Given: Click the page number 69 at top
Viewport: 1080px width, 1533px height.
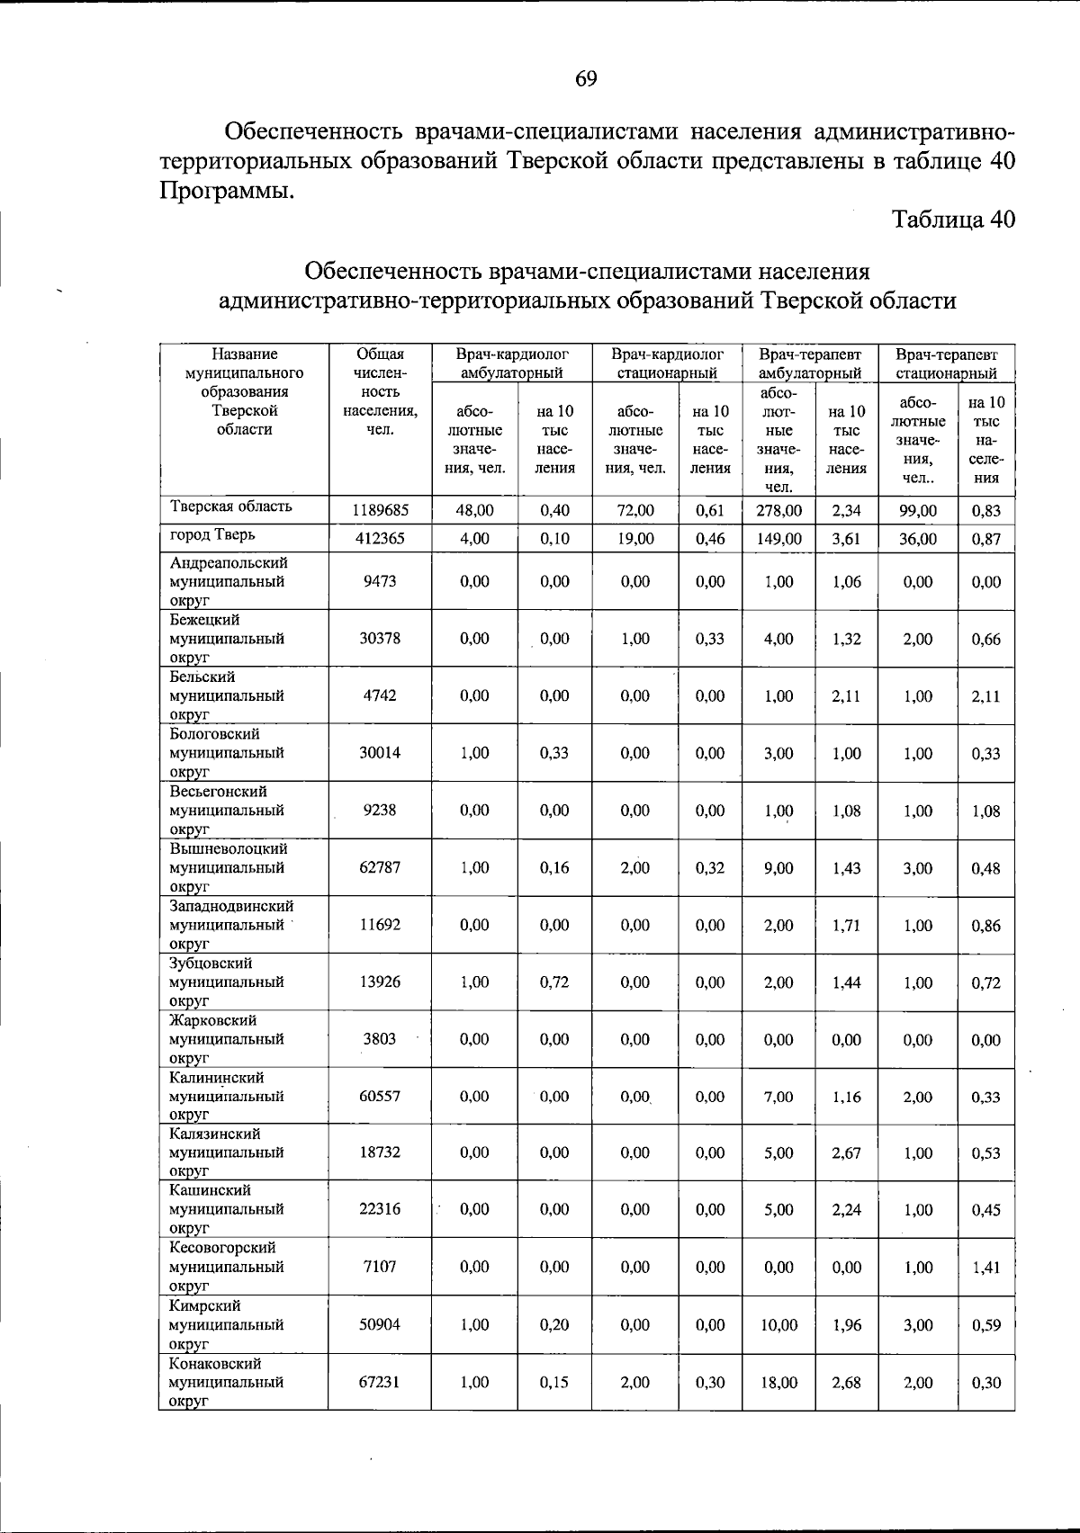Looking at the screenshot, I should pyautogui.click(x=585, y=79).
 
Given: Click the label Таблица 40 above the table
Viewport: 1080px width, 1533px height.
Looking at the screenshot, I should pyautogui.click(x=953, y=219).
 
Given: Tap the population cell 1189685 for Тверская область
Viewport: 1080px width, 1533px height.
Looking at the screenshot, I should pyautogui.click(x=381, y=510).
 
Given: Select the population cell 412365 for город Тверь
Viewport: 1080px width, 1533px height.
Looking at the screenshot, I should pyautogui.click(x=381, y=539).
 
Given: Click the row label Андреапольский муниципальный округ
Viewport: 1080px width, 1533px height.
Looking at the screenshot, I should pyautogui.click(x=229, y=581).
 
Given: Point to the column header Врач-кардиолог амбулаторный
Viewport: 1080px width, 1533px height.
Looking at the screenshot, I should pyautogui.click(x=511, y=363).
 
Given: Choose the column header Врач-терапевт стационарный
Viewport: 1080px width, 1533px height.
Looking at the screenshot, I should pyautogui.click(x=946, y=363).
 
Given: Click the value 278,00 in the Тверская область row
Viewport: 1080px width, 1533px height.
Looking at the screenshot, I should pyautogui.click(x=778, y=510).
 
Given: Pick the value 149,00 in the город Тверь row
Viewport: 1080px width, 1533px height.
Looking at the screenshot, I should pyautogui.click(x=778, y=539).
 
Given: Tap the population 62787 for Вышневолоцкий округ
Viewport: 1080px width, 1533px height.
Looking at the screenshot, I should pyautogui.click(x=380, y=868).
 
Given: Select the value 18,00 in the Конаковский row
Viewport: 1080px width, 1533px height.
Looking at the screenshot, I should pyautogui.click(x=778, y=1383).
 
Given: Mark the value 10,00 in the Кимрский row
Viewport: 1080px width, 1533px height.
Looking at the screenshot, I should pyautogui.click(x=778, y=1325).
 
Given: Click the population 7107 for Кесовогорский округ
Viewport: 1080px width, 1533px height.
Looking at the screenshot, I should pyautogui.click(x=380, y=1267).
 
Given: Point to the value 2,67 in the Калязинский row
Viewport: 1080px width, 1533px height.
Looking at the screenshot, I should pyautogui.click(x=846, y=1152).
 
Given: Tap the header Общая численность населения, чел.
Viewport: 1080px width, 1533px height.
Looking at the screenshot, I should pyautogui.click(x=380, y=391).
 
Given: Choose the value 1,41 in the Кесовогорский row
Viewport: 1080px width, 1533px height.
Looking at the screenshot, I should pyautogui.click(x=985, y=1267).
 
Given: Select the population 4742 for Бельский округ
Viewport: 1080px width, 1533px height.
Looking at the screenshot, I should pyautogui.click(x=380, y=695).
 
